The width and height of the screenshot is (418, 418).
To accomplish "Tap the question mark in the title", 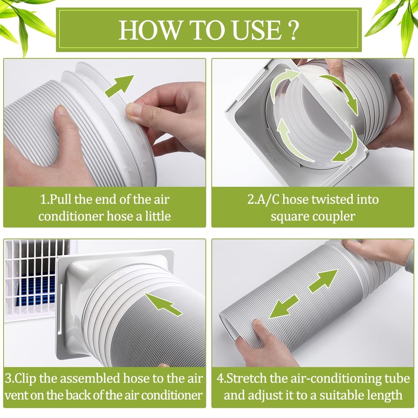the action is click(293, 30).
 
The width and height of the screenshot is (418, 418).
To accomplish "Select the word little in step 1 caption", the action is click(158, 216).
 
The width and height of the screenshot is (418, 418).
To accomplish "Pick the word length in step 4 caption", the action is click(385, 396).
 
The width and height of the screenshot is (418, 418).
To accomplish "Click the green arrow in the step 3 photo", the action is click(163, 304).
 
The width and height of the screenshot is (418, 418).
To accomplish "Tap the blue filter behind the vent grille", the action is click(34, 291).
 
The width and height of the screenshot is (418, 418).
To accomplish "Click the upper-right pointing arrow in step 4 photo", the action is click(323, 281).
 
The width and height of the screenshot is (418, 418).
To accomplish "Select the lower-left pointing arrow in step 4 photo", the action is click(284, 307).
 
